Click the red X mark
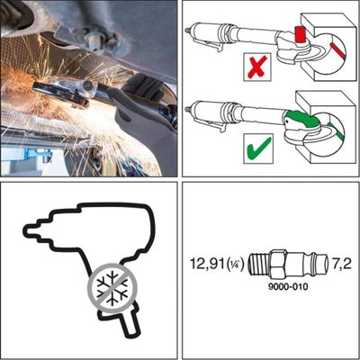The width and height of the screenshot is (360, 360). tap(257, 67)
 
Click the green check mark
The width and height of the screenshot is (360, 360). tap(259, 148)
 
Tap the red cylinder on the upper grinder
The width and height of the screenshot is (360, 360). tap(299, 35)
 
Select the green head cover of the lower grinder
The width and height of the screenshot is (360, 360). tap(301, 119)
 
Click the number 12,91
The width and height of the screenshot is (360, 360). tap(207, 264)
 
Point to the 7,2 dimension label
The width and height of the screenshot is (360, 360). tap(341, 264)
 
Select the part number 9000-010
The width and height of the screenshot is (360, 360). tap(288, 287)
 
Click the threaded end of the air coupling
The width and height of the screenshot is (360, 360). tap(257, 264)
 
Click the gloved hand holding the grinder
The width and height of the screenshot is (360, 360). tap(141, 99)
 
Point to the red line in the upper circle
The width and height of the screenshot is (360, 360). tap(337, 50)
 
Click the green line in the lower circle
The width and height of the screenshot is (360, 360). tap(336, 131)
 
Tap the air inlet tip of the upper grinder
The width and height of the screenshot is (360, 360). tap(188, 31)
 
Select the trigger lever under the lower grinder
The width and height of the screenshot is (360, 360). tap(209, 123)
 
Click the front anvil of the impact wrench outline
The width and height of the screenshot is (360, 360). tap(32, 229)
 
